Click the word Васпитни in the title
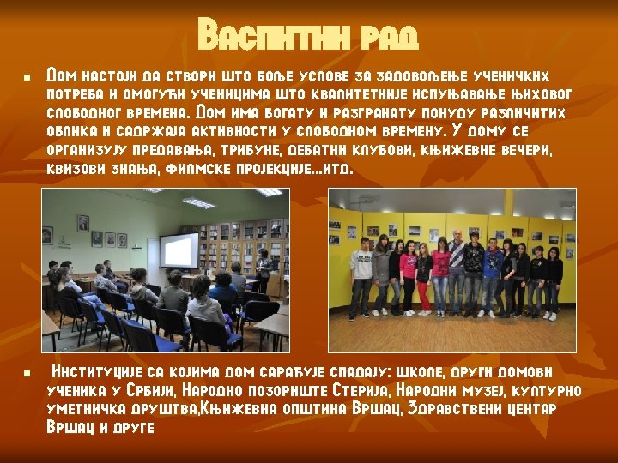tap(269, 36)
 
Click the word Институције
tap(94, 372)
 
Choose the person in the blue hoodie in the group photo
tap(493, 274)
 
